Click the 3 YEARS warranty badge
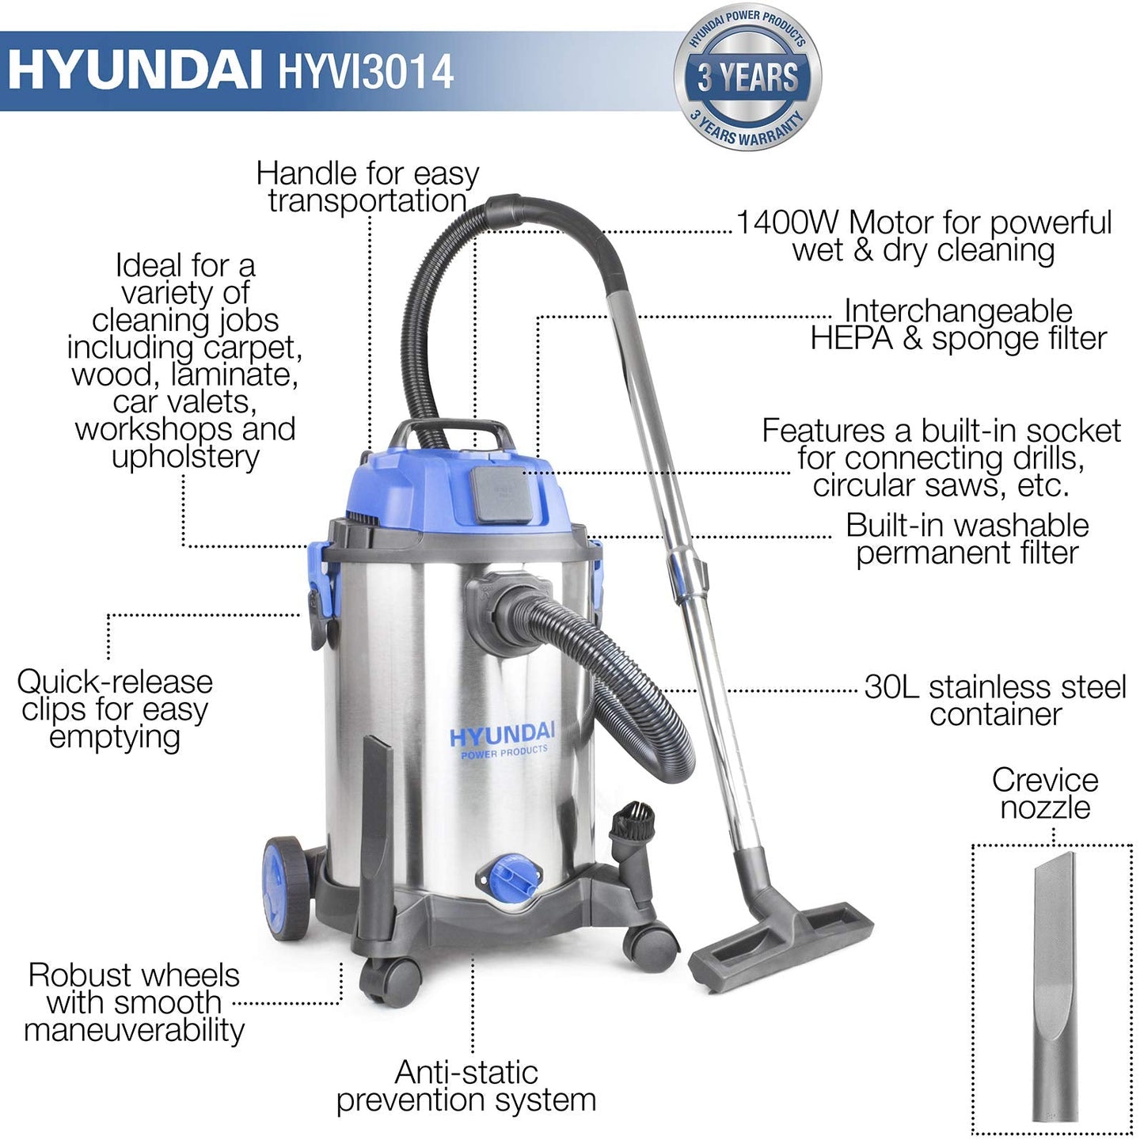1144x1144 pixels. click(x=747, y=78)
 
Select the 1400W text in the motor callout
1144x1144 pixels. click(x=787, y=222)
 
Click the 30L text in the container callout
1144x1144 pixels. click(x=891, y=686)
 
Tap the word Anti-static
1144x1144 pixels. click(x=466, y=1073)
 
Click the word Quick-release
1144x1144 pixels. click(x=115, y=682)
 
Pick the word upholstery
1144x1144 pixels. click(x=185, y=457)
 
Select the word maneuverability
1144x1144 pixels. click(x=135, y=1030)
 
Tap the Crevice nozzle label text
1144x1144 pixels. click(x=1045, y=793)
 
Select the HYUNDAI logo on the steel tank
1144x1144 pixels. click(x=503, y=735)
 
